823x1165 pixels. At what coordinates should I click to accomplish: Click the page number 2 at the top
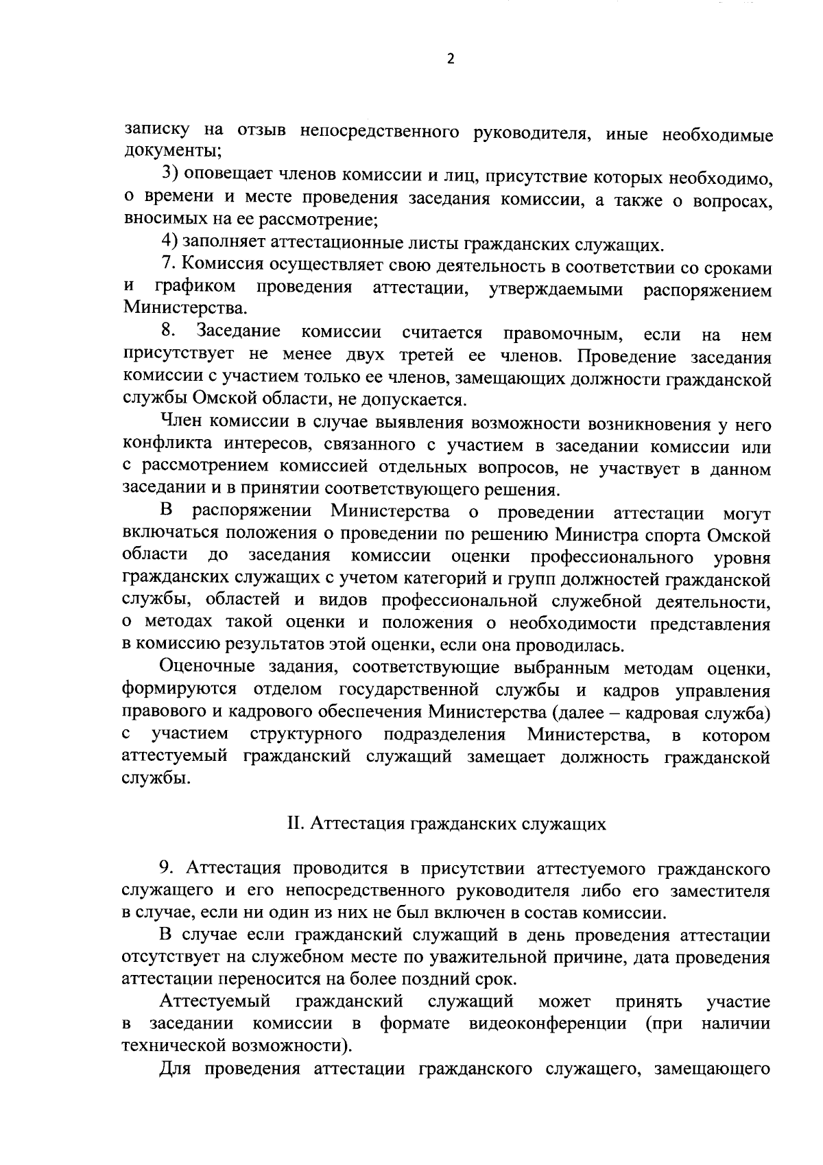(450, 59)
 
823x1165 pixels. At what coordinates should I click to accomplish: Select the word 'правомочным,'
(562, 334)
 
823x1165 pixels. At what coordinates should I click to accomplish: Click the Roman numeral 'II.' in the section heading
(295, 823)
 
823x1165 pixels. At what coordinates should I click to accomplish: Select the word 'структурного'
(306, 735)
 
